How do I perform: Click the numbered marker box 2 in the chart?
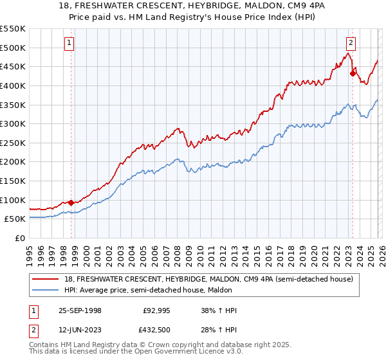point(351,44)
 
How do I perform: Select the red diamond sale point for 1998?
point(71,203)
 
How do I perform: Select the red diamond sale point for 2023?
point(353,73)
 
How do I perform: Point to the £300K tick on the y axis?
point(13,123)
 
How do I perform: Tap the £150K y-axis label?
point(13,181)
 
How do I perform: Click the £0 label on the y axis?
point(19,238)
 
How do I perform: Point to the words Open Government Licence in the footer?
point(178,352)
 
